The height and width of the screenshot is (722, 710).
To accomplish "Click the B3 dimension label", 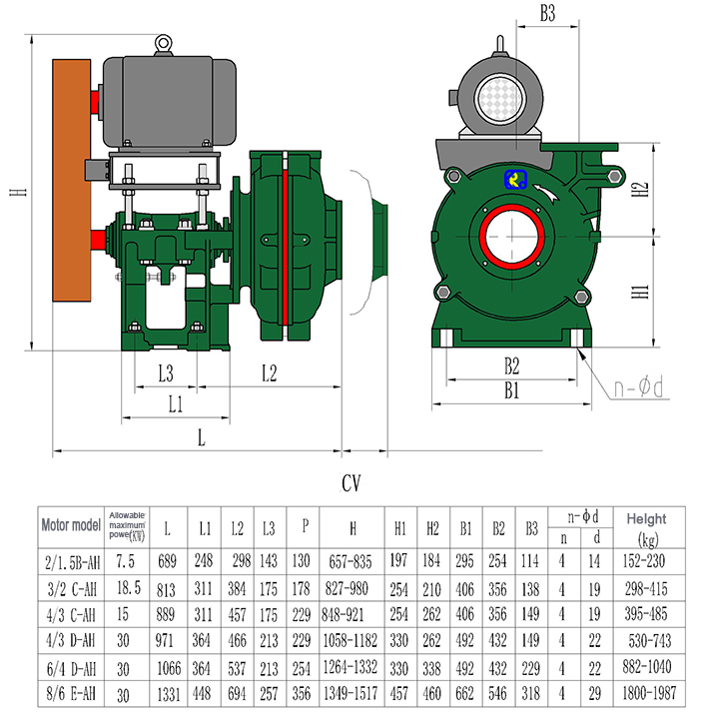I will click(546, 14).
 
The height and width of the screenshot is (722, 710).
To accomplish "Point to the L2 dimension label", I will click(268, 373).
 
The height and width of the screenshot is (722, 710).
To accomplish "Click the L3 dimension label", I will click(166, 373).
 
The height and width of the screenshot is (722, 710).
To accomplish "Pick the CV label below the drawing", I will click(351, 483).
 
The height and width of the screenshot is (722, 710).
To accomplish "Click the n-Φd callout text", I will click(640, 385).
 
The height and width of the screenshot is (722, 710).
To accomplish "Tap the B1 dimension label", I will click(511, 390).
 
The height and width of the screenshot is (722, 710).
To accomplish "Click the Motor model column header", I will click(72, 525).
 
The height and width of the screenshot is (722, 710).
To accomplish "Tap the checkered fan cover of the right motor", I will click(499, 100).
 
